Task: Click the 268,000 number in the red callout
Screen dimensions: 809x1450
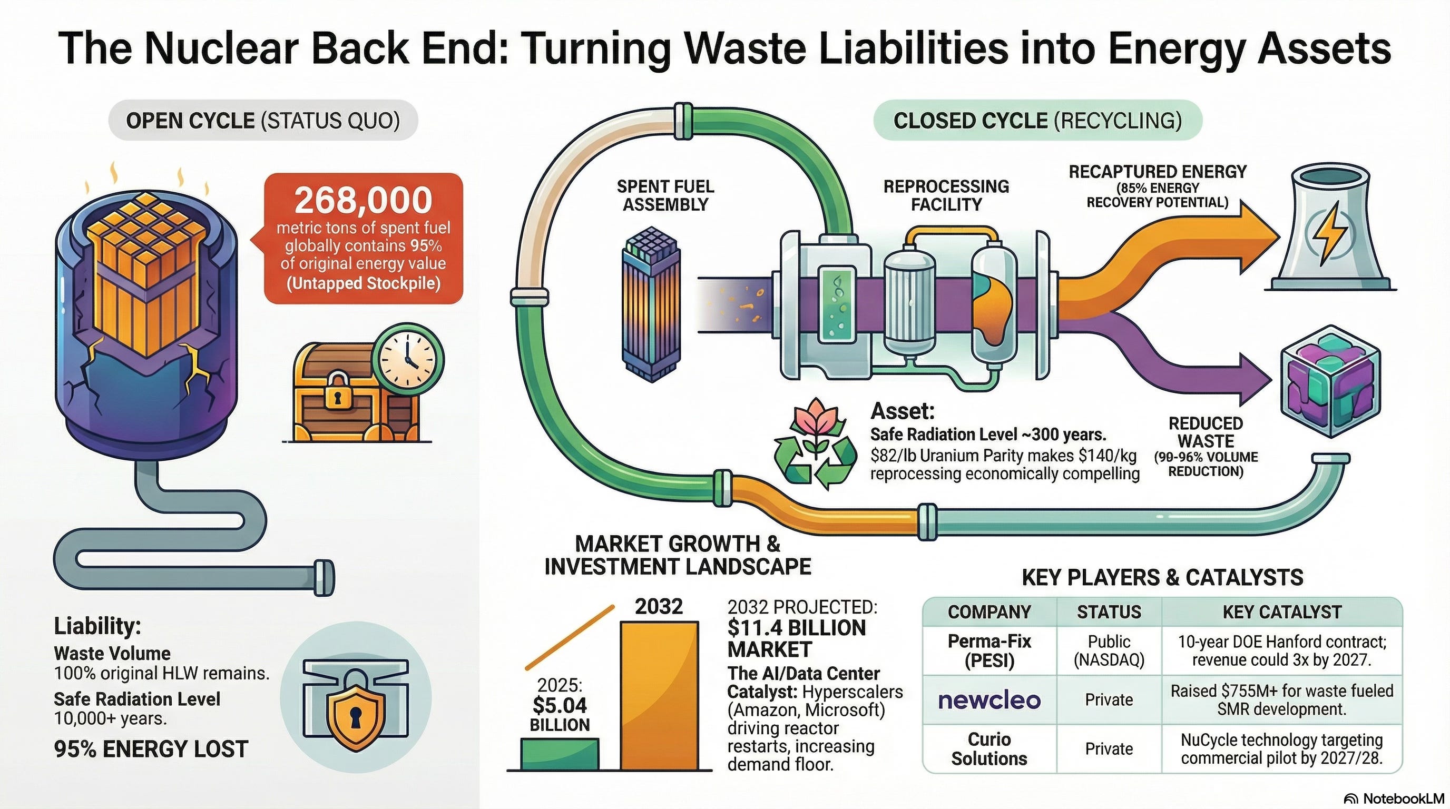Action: pyautogui.click(x=363, y=200)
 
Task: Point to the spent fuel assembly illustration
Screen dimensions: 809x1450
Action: pyautogui.click(x=651, y=304)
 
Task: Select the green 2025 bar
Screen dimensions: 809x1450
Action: pyautogui.click(x=560, y=754)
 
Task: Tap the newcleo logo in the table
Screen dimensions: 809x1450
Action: pyautogui.click(x=989, y=700)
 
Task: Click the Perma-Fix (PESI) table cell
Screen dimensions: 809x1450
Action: pyautogui.click(x=989, y=650)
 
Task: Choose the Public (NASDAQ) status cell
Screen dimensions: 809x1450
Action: pyautogui.click(x=1109, y=650)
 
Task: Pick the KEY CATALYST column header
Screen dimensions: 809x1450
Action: pyautogui.click(x=1282, y=611)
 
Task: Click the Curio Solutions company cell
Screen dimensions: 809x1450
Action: pyautogui.click(x=989, y=749)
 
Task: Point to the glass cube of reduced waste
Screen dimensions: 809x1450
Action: pyautogui.click(x=1330, y=382)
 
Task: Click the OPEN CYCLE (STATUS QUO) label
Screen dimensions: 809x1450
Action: pyautogui.click(x=263, y=121)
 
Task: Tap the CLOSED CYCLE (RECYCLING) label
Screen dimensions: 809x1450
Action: pyautogui.click(x=1037, y=121)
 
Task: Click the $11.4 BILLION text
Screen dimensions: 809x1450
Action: pyautogui.click(x=796, y=628)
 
